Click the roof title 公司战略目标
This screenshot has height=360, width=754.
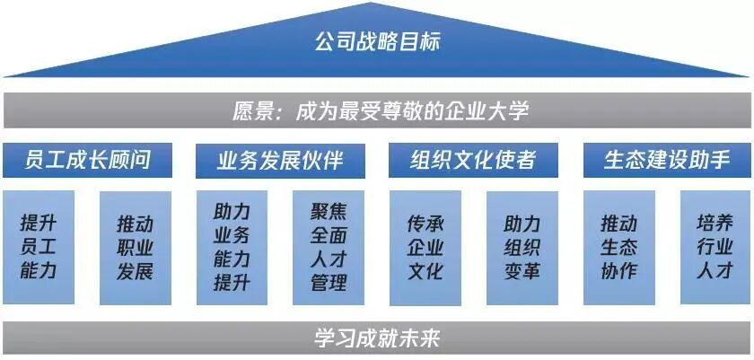(x=377, y=41)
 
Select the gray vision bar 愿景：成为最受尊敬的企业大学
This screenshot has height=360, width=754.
(x=377, y=111)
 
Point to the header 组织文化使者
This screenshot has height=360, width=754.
(x=473, y=160)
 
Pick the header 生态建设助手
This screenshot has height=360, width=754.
(x=667, y=160)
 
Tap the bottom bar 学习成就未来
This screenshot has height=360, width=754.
(x=377, y=338)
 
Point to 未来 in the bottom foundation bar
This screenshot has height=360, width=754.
(x=421, y=338)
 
